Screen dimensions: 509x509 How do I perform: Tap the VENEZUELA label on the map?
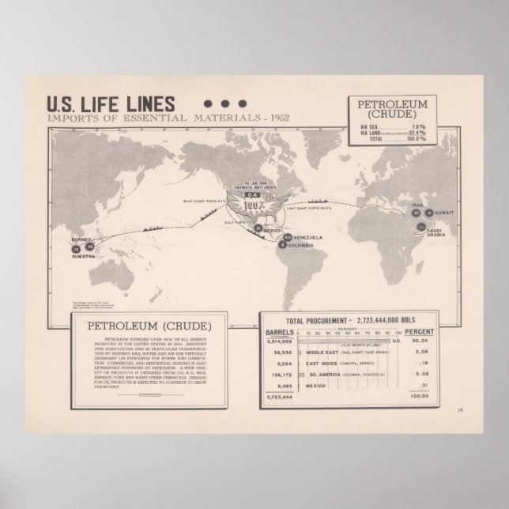click(307, 237)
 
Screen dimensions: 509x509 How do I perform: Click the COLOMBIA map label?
click(304, 245)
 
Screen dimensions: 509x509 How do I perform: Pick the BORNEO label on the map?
click(81, 239)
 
